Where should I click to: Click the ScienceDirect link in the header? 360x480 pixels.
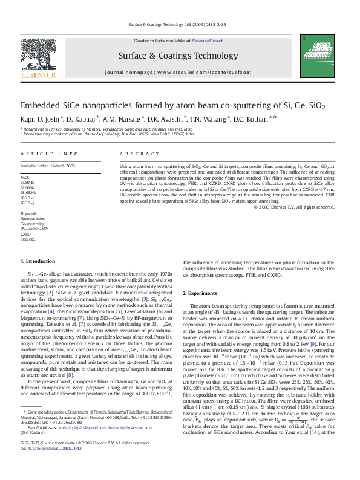208,41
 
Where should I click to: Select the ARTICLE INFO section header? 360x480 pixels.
50,154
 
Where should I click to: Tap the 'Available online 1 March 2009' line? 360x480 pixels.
48,166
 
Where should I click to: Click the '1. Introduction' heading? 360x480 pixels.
38,261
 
